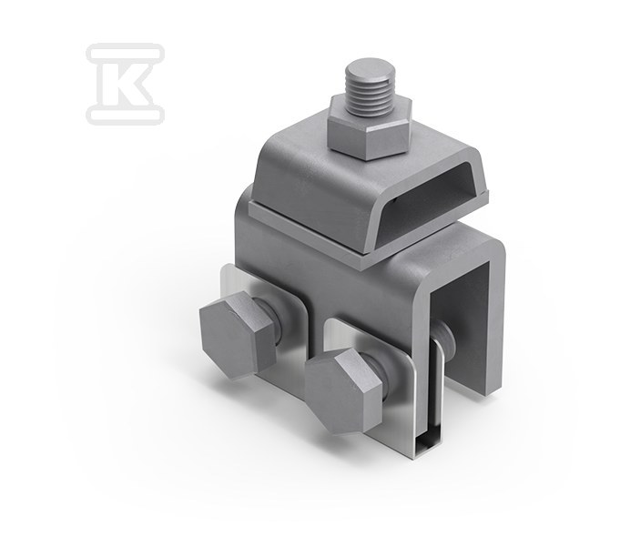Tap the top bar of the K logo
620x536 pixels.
(x=125, y=53)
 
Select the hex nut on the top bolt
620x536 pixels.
(x=370, y=128)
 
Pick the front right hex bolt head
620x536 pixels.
(x=342, y=392)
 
